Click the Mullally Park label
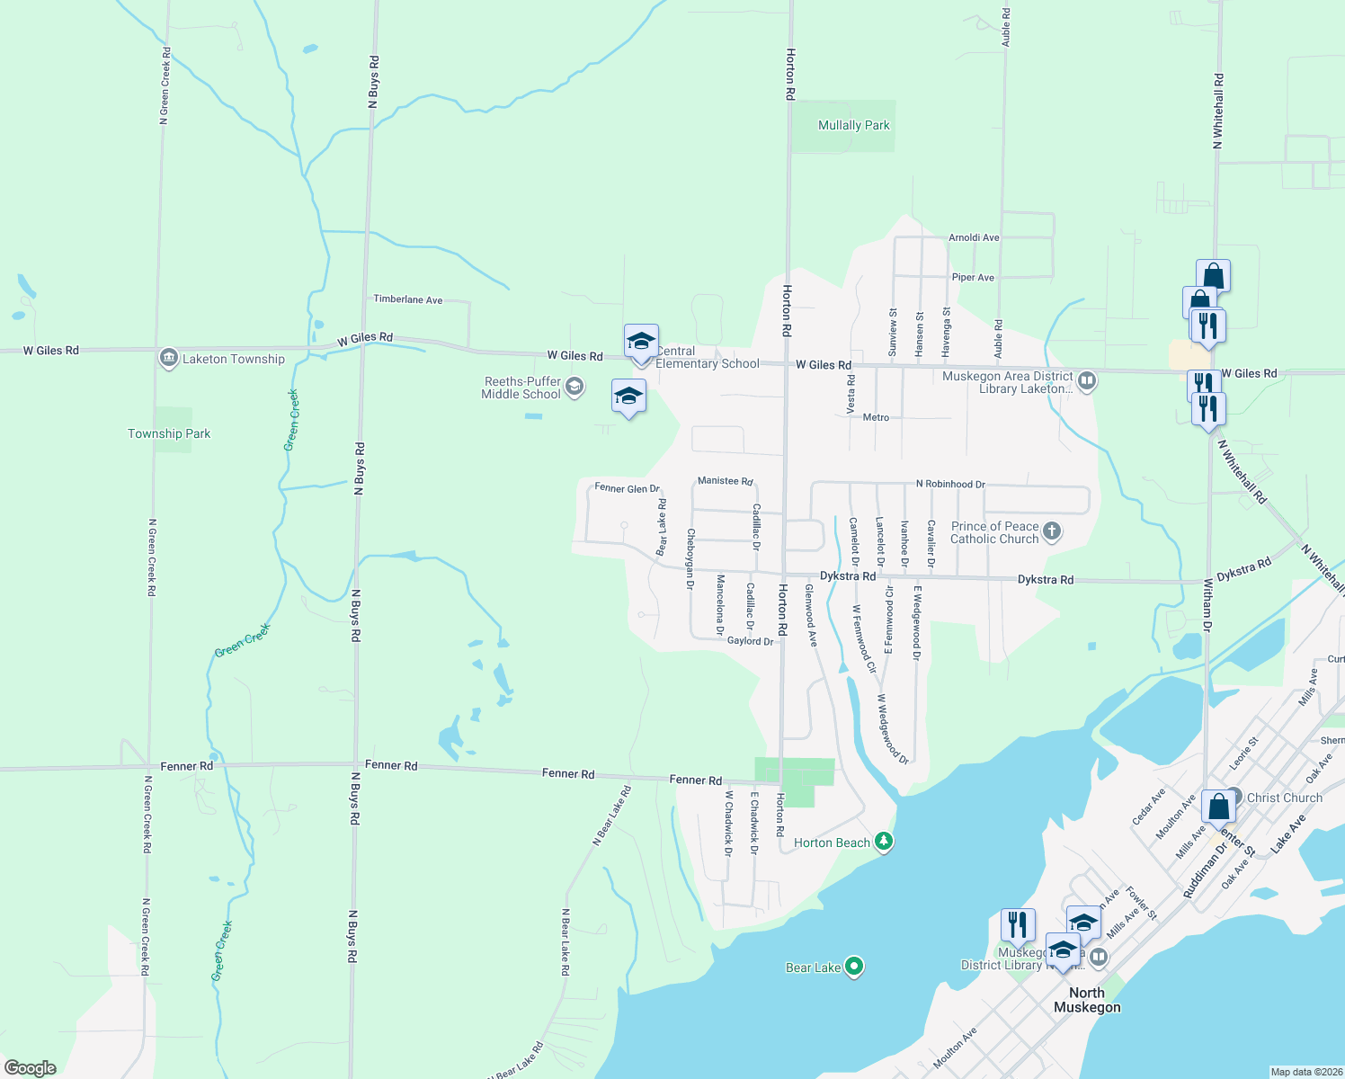pos(853,126)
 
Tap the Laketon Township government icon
pos(168,359)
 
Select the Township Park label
pos(169,433)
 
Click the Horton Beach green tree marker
pos(884,843)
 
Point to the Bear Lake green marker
pos(854,968)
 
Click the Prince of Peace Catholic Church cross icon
pos(1052,532)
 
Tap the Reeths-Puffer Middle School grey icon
pos(575,388)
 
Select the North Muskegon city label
pos(1087,1000)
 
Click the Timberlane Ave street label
pos(408,299)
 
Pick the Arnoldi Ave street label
pos(974,238)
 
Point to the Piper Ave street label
pos(973,278)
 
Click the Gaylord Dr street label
pos(750,641)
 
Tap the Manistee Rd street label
pos(725,481)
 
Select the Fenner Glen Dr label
pos(627,488)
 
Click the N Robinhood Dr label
pos(950,484)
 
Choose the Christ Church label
pos(1284,798)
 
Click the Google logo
pos(31,1068)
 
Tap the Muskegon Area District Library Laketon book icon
pos(1086,381)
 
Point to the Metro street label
pos(876,417)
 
